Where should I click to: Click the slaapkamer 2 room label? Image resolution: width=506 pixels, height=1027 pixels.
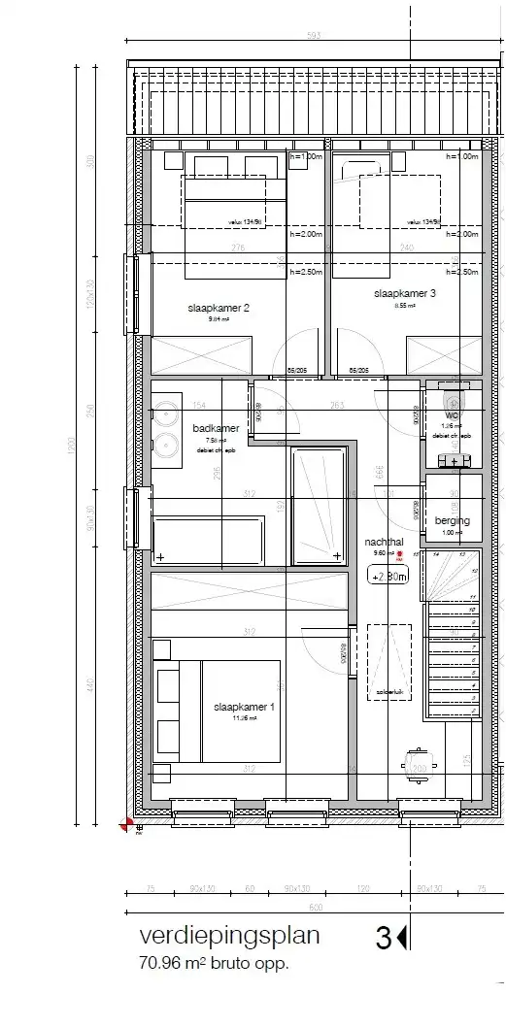(219, 308)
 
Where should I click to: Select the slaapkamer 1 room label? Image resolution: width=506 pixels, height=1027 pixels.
(244, 708)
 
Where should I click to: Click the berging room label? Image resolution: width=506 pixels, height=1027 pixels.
(453, 521)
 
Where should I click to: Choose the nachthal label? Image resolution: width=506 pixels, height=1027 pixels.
(384, 542)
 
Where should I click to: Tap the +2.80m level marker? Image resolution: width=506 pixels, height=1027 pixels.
(388, 576)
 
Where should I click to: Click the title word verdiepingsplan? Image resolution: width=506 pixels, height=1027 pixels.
(228, 937)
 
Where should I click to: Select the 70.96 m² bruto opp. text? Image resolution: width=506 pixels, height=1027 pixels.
(214, 964)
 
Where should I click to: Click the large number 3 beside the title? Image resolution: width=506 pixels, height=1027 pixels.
(384, 938)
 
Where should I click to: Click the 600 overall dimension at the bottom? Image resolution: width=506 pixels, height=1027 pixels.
(315, 907)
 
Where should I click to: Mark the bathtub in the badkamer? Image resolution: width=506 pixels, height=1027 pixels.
(209, 541)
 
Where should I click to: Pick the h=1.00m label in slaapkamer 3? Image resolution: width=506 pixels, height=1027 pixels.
(462, 156)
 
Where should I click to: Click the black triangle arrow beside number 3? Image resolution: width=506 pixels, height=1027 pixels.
(402, 938)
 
